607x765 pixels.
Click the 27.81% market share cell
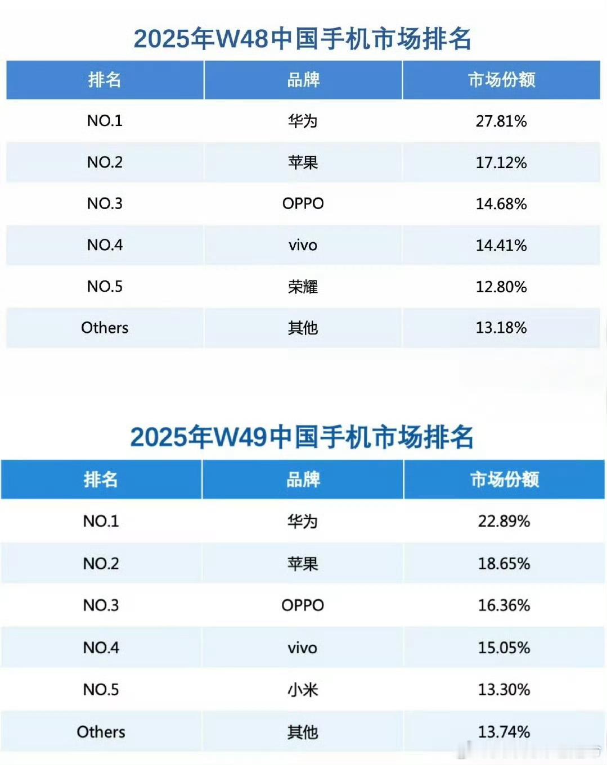pos(501,121)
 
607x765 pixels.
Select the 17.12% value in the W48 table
pos(501,162)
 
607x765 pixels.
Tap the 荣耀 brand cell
pos(303,287)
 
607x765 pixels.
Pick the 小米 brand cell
pos(303,690)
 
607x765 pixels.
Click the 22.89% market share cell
pos(504,521)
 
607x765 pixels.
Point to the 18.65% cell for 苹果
pos(504,563)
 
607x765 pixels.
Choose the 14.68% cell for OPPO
pos(501,203)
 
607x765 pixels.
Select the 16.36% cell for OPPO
pos(504,605)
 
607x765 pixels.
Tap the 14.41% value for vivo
pos(501,245)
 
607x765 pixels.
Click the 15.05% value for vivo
pos(504,648)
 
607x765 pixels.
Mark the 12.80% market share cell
pos(501,287)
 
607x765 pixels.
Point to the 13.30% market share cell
pos(504,690)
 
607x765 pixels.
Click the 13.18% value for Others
pos(501,328)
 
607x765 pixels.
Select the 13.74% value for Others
pos(504,732)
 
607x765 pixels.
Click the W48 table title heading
pos(303,39)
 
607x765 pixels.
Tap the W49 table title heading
pos(302,437)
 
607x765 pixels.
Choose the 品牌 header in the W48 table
pos(303,80)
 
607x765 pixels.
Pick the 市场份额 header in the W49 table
pos(504,479)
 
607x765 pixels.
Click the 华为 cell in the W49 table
pos(303,521)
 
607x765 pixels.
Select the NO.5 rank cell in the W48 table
pos(105,287)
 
